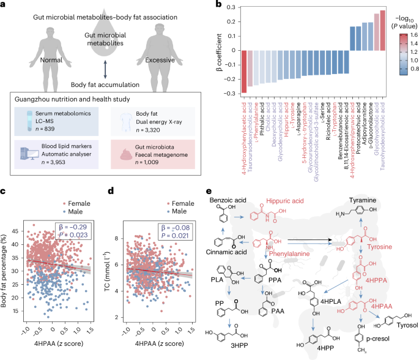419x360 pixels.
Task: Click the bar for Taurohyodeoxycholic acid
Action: [x=383, y=30]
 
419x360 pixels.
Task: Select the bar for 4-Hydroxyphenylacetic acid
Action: [x=244, y=72]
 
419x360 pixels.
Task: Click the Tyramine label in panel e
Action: [x=365, y=200]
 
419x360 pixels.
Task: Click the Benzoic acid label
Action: [x=228, y=200]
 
